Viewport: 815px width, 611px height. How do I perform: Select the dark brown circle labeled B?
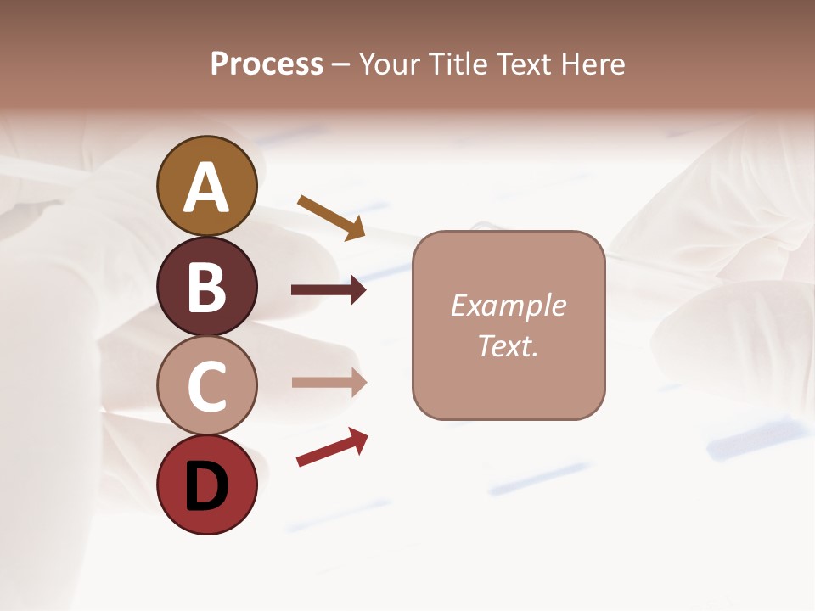[206, 286]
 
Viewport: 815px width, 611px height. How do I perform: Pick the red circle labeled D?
[206, 485]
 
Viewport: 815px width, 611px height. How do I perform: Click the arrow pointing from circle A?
[331, 216]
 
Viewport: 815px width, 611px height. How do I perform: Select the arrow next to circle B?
[329, 290]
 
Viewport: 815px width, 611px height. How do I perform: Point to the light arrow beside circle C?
[329, 383]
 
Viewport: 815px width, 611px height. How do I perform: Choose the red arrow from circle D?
[332, 447]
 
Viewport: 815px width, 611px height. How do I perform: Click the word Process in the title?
[267, 64]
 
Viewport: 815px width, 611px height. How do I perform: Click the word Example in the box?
[508, 305]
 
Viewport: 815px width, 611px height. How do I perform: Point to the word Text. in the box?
[508, 345]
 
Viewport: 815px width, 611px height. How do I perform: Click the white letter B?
[206, 287]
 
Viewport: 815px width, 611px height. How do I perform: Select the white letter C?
[206, 386]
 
